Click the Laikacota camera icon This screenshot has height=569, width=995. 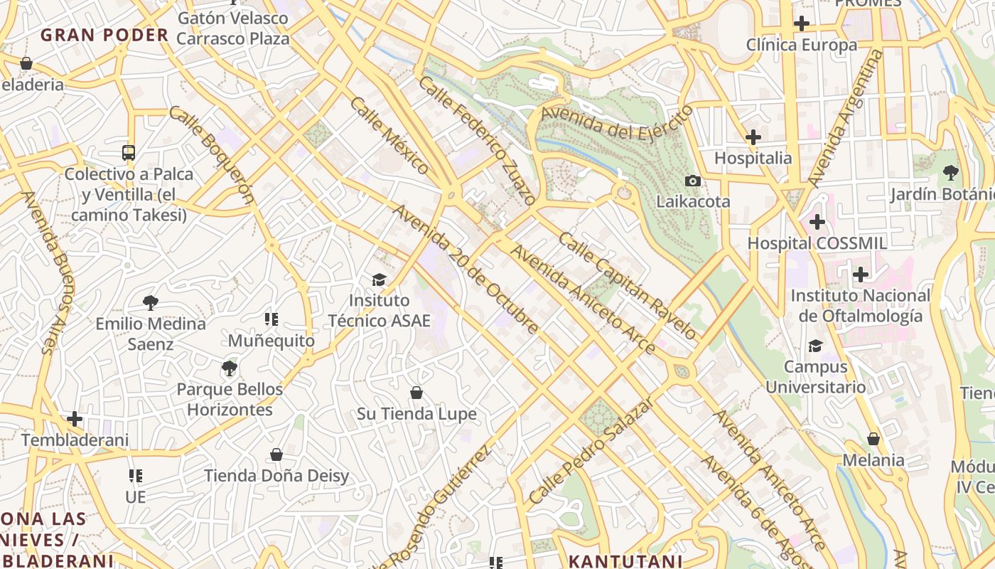click(x=692, y=181)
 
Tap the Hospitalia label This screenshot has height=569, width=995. click(x=753, y=158)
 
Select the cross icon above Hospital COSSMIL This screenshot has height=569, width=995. click(x=817, y=222)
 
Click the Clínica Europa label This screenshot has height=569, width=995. click(x=801, y=46)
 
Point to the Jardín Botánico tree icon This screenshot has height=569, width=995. click(x=950, y=172)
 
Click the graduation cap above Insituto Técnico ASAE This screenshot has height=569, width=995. click(x=379, y=280)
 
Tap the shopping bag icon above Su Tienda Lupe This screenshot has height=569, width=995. click(x=416, y=393)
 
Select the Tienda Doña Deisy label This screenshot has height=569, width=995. click(x=276, y=475)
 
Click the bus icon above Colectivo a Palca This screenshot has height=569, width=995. click(x=128, y=152)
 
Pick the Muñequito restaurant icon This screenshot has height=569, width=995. click(x=271, y=319)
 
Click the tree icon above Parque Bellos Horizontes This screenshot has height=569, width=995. click(x=229, y=368)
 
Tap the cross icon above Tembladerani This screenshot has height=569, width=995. click(x=75, y=419)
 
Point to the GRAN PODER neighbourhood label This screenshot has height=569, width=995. click(x=104, y=35)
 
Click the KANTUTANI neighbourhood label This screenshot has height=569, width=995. click(x=625, y=560)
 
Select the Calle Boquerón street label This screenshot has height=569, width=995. click(x=211, y=155)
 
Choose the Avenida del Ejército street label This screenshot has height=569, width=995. click(x=616, y=122)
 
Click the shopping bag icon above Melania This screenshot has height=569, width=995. click(x=873, y=439)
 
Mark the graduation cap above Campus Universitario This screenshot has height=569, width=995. click(x=815, y=346)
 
